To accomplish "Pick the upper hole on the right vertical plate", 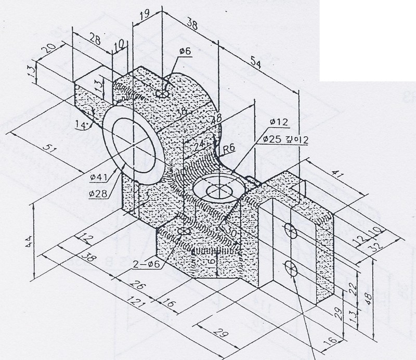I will pyautogui.click(x=290, y=229).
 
